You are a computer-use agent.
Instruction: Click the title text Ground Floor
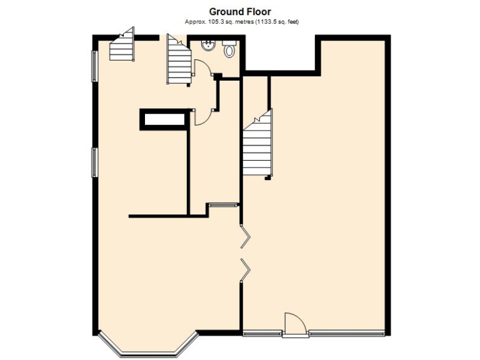[x=240, y=12]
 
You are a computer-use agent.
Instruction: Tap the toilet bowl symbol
[x=229, y=50]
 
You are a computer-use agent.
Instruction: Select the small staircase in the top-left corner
[x=122, y=46]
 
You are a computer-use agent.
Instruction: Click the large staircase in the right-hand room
[x=257, y=147]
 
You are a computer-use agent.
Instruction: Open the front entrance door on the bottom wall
[x=295, y=324]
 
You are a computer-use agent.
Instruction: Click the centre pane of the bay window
[x=148, y=353]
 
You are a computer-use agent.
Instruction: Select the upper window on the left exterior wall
[x=94, y=66]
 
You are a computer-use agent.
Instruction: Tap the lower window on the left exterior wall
[x=94, y=162]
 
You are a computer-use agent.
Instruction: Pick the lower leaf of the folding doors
[x=246, y=269]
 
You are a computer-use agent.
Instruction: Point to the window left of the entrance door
[x=262, y=332]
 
